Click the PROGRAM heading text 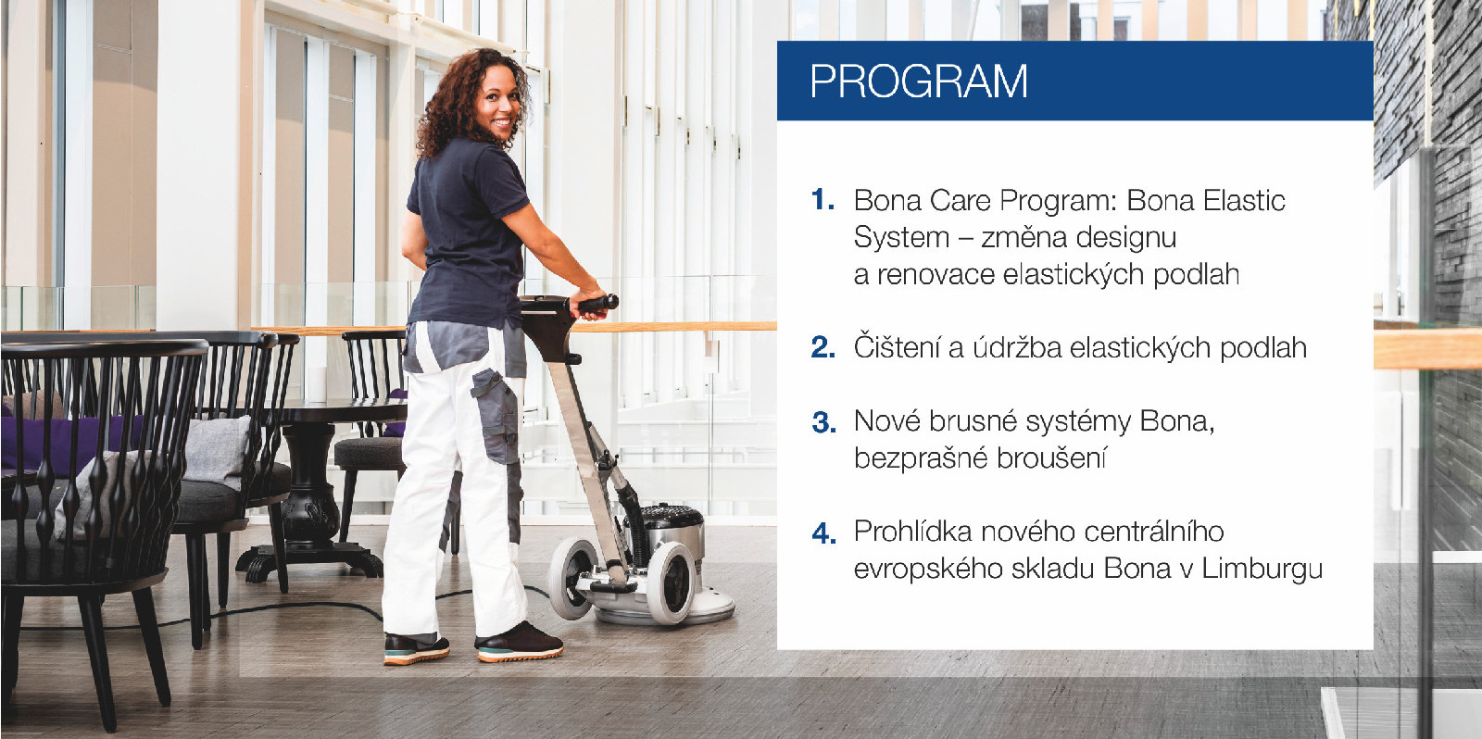[919, 81]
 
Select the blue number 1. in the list [823, 199]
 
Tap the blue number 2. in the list [823, 347]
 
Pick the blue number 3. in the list [823, 422]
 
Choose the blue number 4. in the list [823, 532]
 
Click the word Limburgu [1262, 570]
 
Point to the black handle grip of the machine [597, 305]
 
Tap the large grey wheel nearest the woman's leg [571, 577]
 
